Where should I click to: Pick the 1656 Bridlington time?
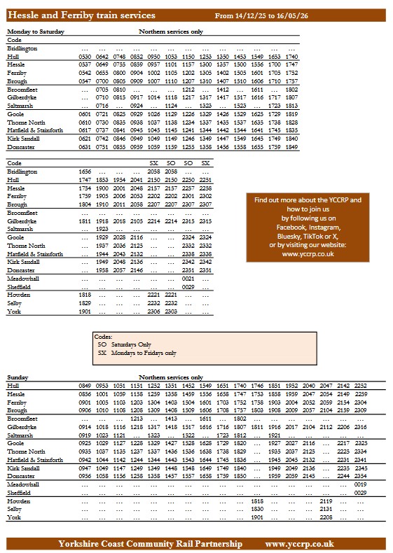[85, 171]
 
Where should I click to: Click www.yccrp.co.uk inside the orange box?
[308, 253]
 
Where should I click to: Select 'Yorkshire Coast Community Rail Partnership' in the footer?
[151, 543]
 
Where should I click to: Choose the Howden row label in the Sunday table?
[19, 501]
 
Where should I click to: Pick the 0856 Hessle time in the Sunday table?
[85, 395]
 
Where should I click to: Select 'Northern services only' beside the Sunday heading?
[171, 377]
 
